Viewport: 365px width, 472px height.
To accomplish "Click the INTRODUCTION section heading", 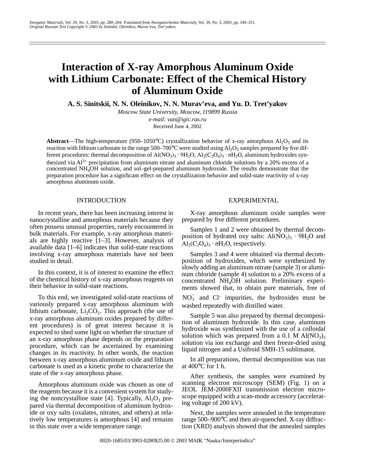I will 101,200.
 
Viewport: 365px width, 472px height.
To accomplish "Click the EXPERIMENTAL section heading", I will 253,200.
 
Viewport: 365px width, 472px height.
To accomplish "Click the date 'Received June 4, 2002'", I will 177,126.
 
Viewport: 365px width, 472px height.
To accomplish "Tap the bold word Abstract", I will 57,141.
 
